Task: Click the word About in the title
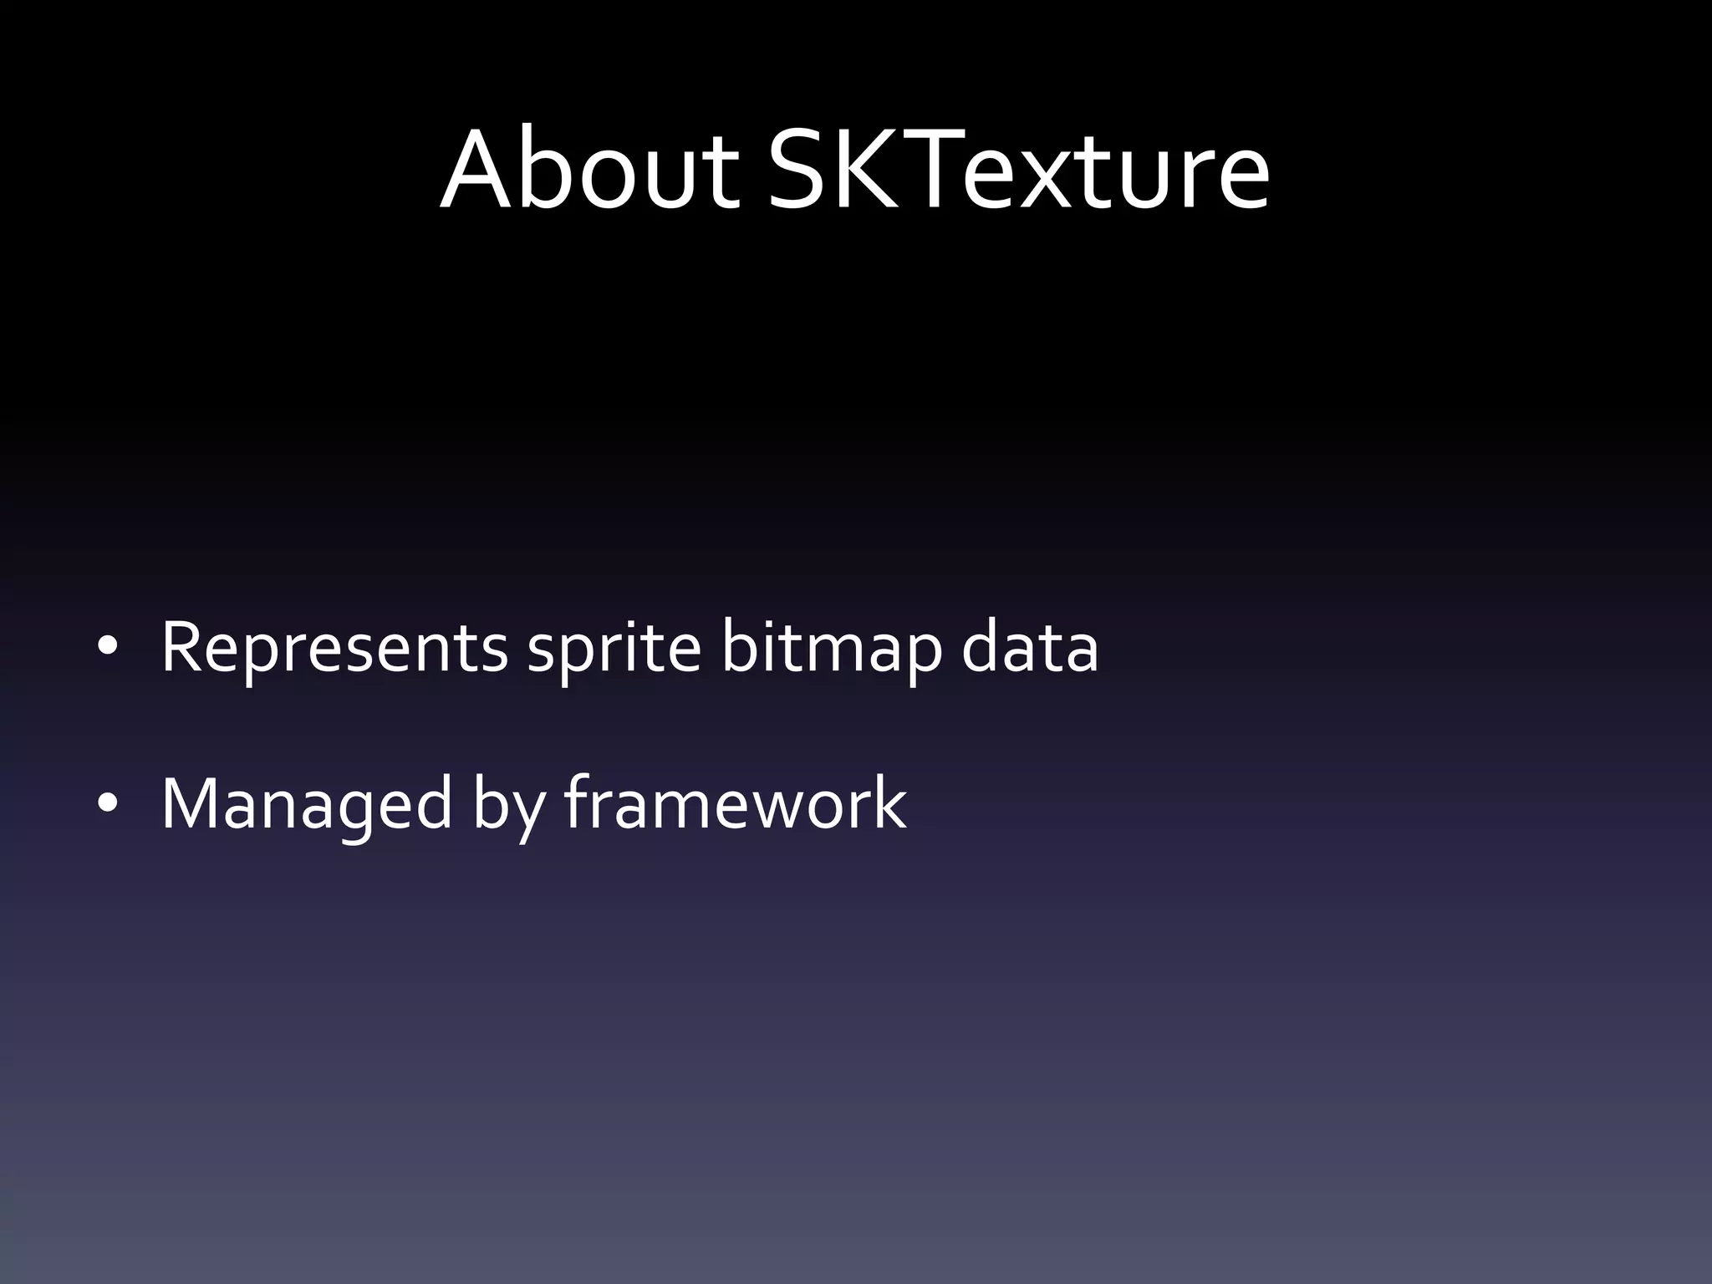[588, 171]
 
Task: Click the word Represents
[334, 648]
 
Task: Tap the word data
[1029, 648]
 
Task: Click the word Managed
[306, 804]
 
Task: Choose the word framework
[736, 804]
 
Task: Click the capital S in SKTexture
[802, 171]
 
